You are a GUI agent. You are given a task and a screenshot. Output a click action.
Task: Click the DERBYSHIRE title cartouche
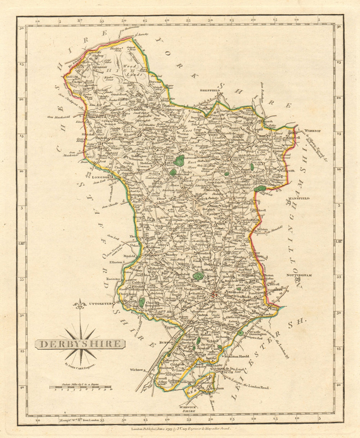[x=80, y=344]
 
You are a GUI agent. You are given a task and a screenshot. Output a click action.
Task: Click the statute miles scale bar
[x=80, y=388]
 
